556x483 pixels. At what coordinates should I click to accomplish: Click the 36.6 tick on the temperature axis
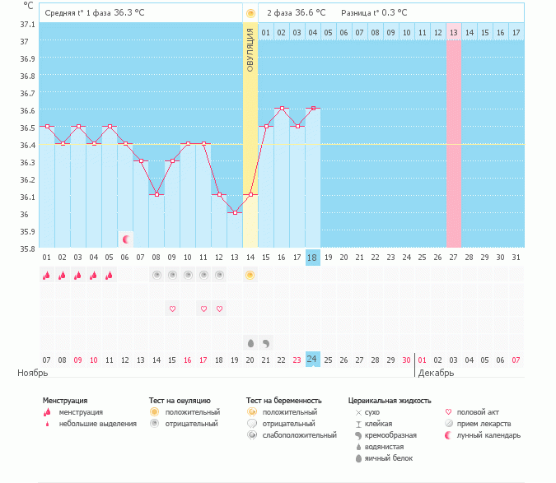27,111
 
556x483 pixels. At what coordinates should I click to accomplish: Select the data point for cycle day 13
235,213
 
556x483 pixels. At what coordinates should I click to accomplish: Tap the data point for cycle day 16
282,108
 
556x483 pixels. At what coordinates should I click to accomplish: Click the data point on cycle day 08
157,195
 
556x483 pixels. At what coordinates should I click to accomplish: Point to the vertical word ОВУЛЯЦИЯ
250,50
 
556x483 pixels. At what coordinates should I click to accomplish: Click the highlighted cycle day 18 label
313,258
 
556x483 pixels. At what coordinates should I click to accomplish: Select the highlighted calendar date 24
313,360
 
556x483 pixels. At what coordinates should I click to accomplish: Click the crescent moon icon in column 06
126,239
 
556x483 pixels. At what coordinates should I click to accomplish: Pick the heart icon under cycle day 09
172,309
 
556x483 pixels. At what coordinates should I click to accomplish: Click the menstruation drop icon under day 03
77,275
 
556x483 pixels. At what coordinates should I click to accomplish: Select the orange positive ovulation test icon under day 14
250,275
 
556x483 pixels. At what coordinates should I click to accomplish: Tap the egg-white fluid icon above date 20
250,343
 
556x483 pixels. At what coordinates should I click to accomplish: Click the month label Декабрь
436,373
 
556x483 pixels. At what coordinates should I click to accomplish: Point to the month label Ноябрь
33,373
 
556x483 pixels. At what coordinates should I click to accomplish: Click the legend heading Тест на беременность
283,401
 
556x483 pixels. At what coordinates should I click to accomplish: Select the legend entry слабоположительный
299,435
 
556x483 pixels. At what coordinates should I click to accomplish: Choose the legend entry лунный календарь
488,435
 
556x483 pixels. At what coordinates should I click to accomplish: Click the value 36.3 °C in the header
129,12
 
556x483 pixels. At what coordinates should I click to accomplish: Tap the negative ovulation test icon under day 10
188,275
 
